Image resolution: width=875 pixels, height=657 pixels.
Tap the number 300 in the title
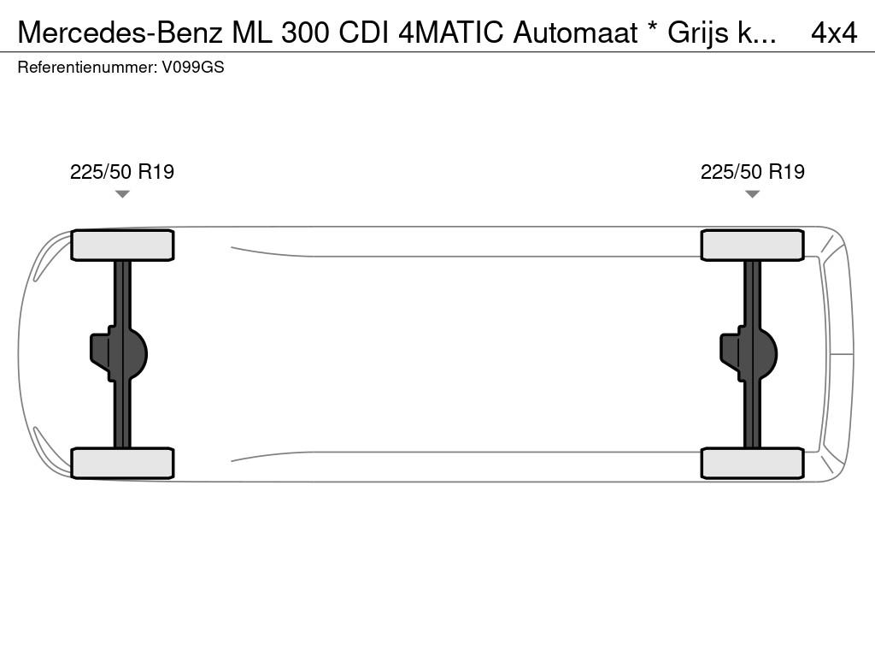point(305,33)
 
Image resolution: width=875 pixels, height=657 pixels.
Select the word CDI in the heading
point(365,33)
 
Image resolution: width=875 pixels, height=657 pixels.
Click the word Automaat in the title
point(575,33)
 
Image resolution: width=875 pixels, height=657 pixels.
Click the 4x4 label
point(834,33)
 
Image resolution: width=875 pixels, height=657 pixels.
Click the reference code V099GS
point(193,68)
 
